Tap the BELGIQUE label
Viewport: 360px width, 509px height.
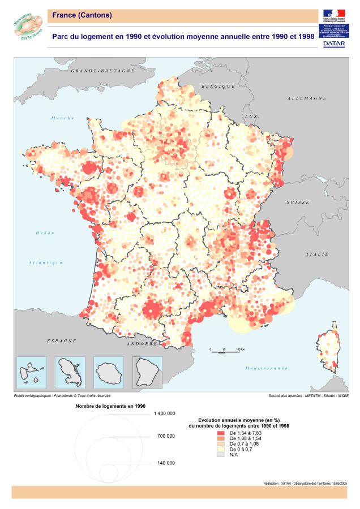point(219,87)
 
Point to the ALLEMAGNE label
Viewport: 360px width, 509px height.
point(307,98)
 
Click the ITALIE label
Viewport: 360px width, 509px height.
point(317,255)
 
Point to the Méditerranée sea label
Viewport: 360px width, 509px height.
point(266,368)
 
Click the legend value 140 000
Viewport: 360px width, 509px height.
point(165,463)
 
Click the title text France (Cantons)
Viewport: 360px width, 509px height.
point(82,15)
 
